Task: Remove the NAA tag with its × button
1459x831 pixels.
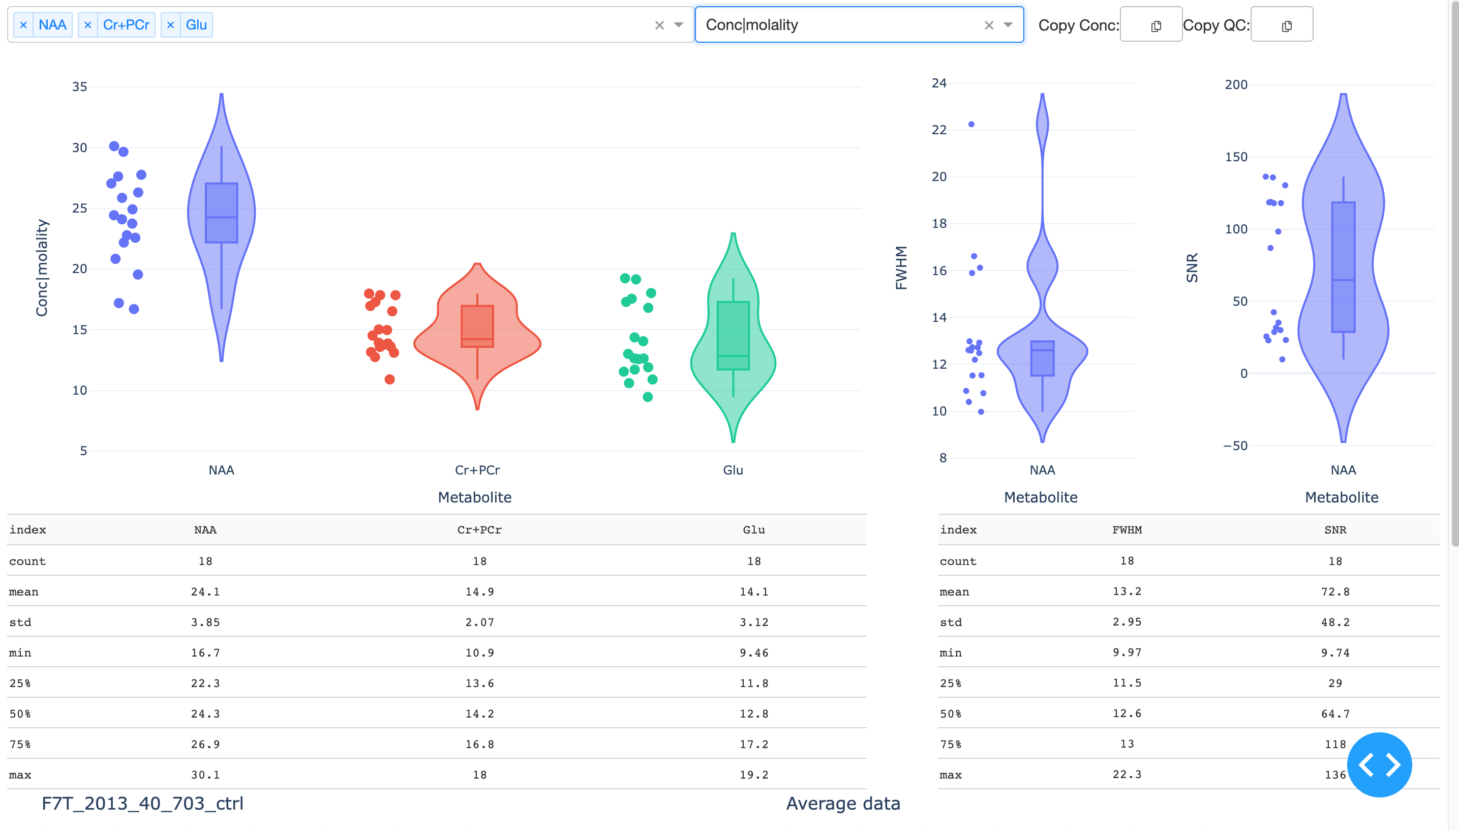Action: coord(23,25)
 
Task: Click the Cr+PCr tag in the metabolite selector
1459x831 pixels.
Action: coord(126,25)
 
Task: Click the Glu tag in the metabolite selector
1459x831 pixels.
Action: coord(196,25)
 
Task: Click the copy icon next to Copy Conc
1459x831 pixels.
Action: coord(1156,26)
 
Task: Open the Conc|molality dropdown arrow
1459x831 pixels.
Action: coord(1008,24)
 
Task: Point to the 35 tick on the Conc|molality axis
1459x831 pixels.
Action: coord(79,87)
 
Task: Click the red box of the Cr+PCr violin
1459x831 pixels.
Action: coord(477,326)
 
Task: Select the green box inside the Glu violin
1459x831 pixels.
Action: coord(733,336)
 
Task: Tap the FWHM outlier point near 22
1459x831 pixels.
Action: coord(971,124)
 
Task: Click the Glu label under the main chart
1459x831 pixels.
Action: coord(733,470)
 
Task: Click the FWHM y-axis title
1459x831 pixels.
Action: coord(901,268)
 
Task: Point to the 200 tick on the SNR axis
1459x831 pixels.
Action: coord(1236,84)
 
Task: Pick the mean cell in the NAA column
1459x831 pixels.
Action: coord(205,592)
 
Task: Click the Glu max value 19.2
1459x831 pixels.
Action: coord(753,775)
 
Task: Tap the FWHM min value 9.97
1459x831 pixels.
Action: coord(1127,652)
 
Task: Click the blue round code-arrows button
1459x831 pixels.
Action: coord(1379,764)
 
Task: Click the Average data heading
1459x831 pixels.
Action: coord(843,804)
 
